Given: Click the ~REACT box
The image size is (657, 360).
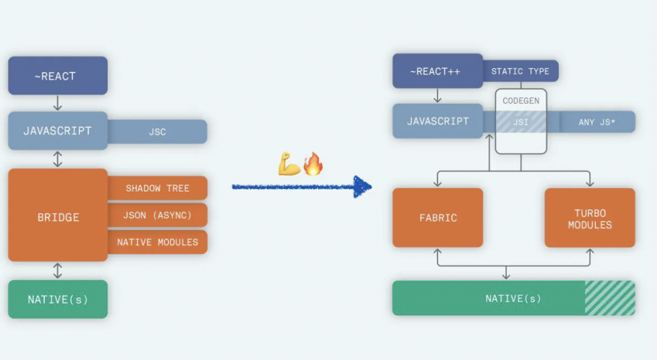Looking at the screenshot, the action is click(58, 76).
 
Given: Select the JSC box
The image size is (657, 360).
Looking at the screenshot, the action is click(158, 132).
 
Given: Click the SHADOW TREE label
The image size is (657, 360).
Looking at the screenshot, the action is click(158, 188).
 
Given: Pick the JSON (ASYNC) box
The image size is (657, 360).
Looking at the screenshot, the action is click(158, 215).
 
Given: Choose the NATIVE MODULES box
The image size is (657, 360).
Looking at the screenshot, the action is click(158, 242).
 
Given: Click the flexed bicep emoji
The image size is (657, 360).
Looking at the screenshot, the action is click(289, 164).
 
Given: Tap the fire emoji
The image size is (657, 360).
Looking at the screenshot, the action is click(313, 164).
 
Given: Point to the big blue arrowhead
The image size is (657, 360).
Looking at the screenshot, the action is click(363, 187).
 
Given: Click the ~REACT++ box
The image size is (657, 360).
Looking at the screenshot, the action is click(438, 71).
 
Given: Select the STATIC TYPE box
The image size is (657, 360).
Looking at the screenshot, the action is click(520, 71).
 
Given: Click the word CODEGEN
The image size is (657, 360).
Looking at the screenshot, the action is click(521, 101).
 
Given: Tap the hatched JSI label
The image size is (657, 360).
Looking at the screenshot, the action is click(521, 122).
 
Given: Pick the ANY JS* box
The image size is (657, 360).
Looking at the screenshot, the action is click(597, 122).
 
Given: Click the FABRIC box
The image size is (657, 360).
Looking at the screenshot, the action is click(438, 218).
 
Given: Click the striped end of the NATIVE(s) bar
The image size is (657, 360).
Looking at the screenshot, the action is click(610, 298).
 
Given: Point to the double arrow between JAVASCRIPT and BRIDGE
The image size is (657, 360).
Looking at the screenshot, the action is click(58, 159).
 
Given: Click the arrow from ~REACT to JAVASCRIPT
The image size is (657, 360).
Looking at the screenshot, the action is click(58, 103).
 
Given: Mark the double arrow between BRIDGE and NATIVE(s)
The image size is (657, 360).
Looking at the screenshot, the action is click(58, 271).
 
